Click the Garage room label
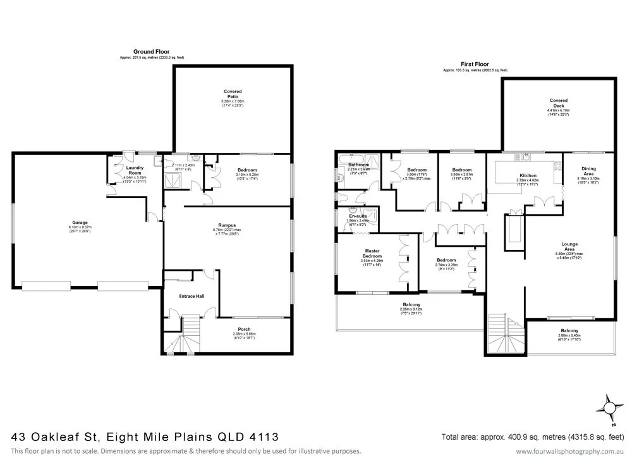tap(79, 223)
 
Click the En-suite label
tap(358, 216)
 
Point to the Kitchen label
tap(528, 175)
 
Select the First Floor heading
tap(475, 64)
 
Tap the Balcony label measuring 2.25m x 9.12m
tap(413, 304)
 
